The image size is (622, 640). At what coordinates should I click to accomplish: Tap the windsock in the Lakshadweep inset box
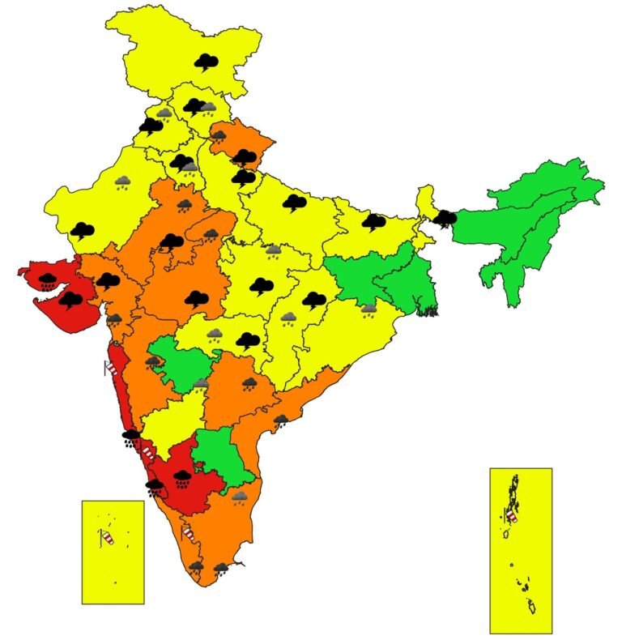pos(106,536)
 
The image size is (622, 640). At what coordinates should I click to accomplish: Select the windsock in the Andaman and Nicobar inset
pos(511,515)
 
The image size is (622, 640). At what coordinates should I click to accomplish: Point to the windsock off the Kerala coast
pos(189,533)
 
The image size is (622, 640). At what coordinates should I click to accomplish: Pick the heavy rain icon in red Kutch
pos(49,281)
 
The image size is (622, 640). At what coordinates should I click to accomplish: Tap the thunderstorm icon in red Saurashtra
pos(71,301)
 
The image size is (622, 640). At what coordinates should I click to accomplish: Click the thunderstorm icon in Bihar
pos(373,220)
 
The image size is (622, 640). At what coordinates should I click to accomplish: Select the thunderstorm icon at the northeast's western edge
pos(444,217)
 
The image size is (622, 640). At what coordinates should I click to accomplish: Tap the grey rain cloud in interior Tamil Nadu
pos(240,497)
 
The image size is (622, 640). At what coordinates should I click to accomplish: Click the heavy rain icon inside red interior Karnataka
pos(182,477)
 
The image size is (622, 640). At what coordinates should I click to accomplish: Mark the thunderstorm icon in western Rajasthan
pos(81,231)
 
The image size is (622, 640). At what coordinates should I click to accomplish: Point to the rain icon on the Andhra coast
pos(281,420)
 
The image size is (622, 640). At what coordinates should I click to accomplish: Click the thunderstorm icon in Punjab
pos(151,126)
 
